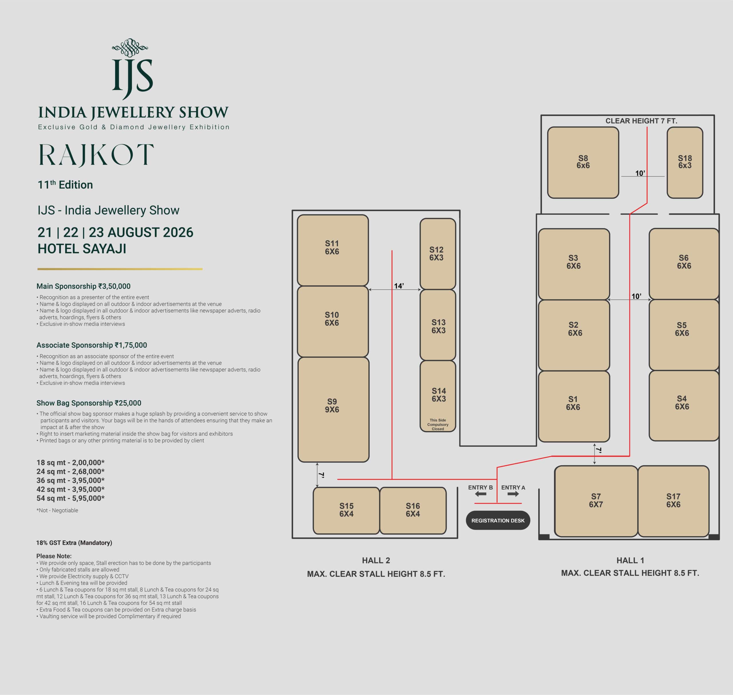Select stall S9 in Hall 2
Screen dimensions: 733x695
click(x=333, y=410)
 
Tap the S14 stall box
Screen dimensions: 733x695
click(x=438, y=396)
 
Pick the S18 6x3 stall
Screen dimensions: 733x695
click(x=685, y=163)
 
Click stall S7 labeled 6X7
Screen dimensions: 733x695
click(x=596, y=501)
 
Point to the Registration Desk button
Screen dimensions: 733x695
click(x=498, y=520)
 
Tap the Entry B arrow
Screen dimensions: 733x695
click(x=481, y=494)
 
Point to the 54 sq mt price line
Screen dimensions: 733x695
click(x=70, y=498)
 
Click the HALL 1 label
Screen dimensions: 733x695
click(x=630, y=561)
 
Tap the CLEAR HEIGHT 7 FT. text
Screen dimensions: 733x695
click(x=641, y=121)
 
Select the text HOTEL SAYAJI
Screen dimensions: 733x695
click(x=82, y=249)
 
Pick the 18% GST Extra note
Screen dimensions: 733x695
click(x=74, y=543)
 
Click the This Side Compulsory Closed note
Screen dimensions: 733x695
click(x=438, y=425)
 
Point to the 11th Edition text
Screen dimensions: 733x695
click(x=65, y=184)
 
